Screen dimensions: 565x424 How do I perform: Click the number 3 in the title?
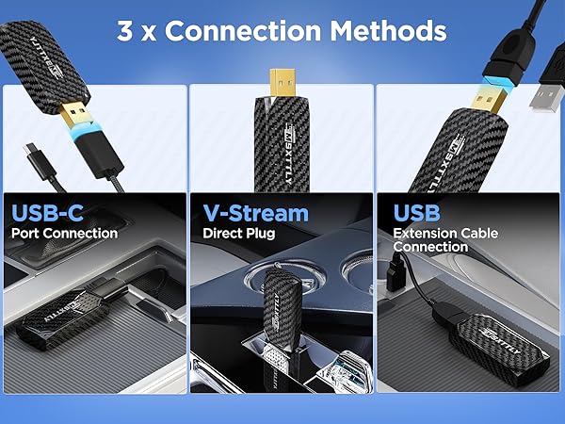[125, 30]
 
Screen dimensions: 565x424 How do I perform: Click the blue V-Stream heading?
[253, 210]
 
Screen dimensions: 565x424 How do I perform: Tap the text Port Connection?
[65, 232]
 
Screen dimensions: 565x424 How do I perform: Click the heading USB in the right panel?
[417, 210]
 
